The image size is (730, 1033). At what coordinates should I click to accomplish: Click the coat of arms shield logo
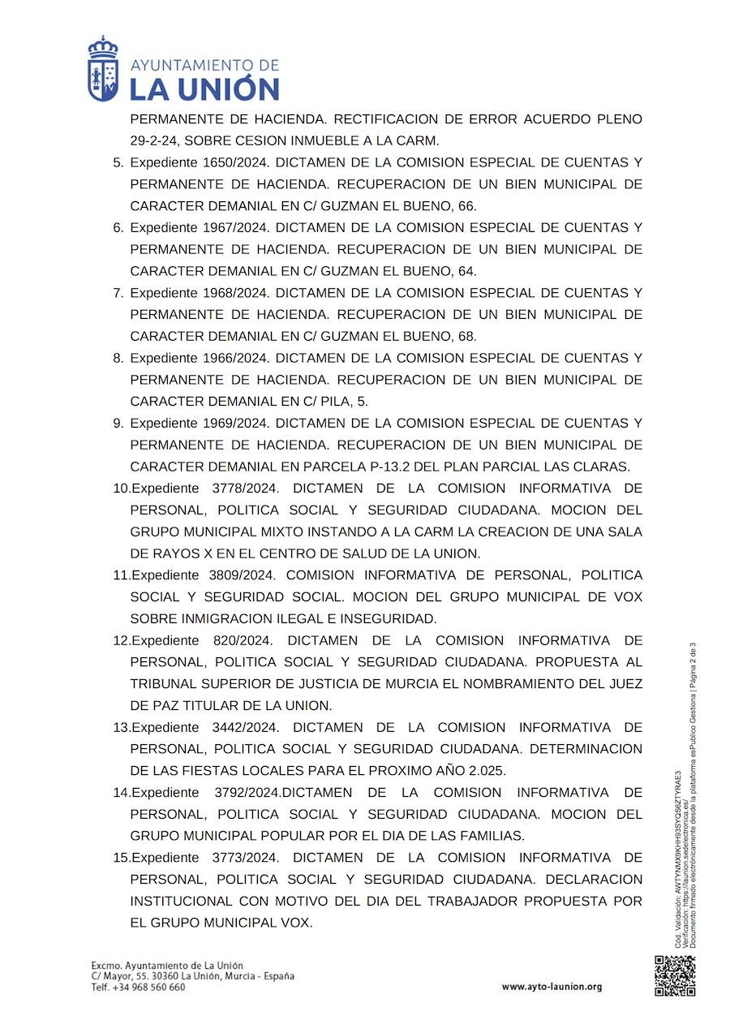click(x=103, y=71)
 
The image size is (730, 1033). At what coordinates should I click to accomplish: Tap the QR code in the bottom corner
click(x=675, y=976)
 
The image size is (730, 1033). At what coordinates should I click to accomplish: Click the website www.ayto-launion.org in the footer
click(x=552, y=987)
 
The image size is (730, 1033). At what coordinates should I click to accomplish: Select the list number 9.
click(x=118, y=423)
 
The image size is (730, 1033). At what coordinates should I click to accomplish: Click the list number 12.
click(x=121, y=640)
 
